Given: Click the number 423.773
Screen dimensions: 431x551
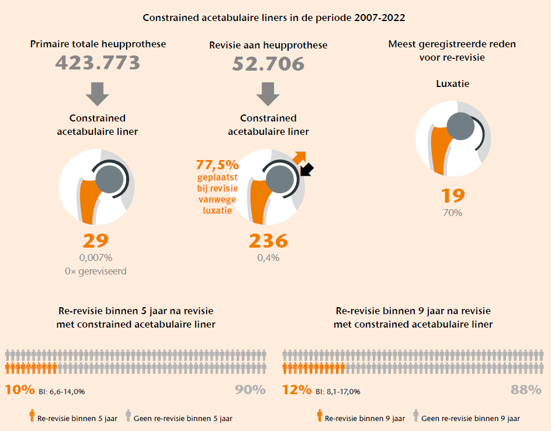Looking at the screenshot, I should pyautogui.click(x=98, y=63).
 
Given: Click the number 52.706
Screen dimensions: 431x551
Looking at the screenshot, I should pyautogui.click(x=268, y=64).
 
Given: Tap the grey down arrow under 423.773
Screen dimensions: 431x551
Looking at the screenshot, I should pyautogui.click(x=98, y=93).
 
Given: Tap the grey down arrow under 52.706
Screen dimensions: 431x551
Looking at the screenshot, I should pyautogui.click(x=268, y=93).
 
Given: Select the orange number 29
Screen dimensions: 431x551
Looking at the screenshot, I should pyautogui.click(x=96, y=241).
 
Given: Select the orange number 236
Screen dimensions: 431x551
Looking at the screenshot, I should pyautogui.click(x=268, y=241).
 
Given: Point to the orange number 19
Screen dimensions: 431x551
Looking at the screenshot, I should pyautogui.click(x=453, y=196).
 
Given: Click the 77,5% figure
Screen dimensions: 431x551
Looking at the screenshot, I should pyautogui.click(x=218, y=165).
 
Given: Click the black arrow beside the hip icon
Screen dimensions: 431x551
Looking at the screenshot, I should pyautogui.click(x=306, y=169).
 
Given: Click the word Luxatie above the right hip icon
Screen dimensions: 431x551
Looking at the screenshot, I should pyautogui.click(x=453, y=84).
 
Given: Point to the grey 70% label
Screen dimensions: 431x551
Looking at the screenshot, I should pyautogui.click(x=453, y=213).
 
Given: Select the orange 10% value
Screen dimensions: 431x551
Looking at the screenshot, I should pyautogui.click(x=20, y=390).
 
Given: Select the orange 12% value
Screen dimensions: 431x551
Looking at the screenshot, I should pyautogui.click(x=297, y=390).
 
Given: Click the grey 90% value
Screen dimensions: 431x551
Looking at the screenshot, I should pyautogui.click(x=250, y=390).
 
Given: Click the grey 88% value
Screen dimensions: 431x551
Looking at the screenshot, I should pyautogui.click(x=526, y=390).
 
